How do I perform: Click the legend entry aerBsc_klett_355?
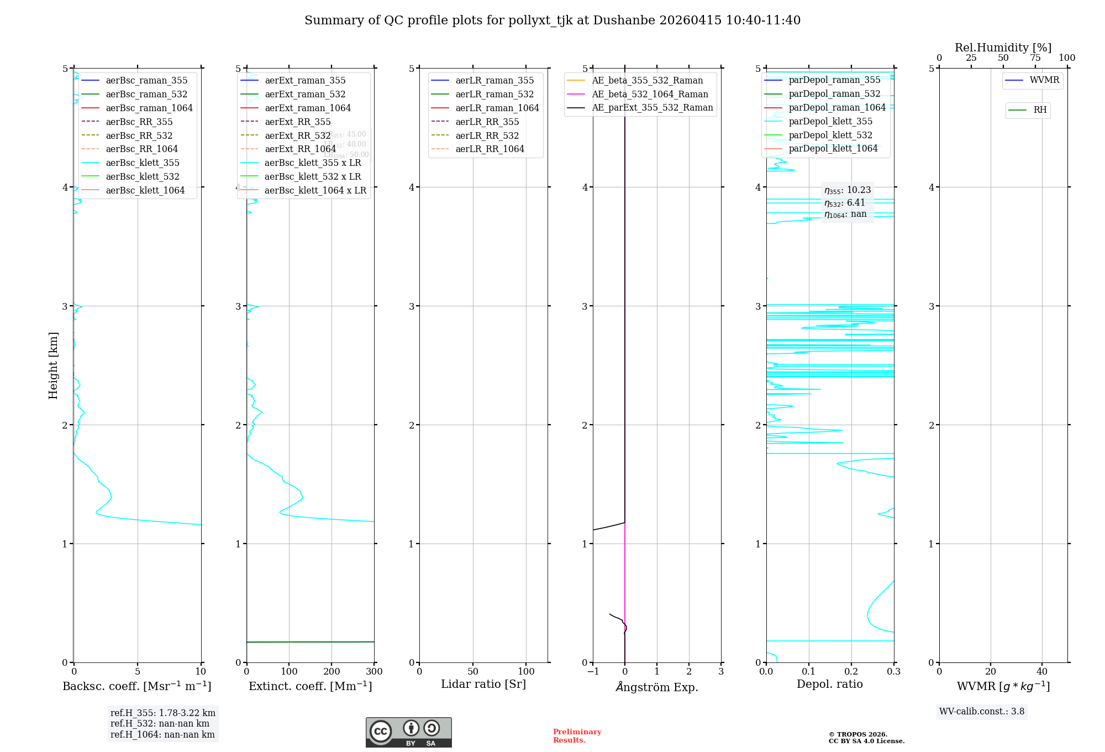pyautogui.click(x=143, y=163)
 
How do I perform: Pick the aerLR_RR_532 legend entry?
pyautogui.click(x=487, y=135)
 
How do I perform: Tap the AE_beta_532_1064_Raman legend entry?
pyautogui.click(x=650, y=94)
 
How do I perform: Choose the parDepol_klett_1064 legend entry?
pyautogui.click(x=833, y=148)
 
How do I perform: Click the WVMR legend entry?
pyautogui.click(x=1044, y=80)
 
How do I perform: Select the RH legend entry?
pyautogui.click(x=1039, y=110)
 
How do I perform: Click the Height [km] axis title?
pyautogui.click(x=53, y=365)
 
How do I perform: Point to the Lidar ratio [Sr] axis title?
pyautogui.click(x=483, y=684)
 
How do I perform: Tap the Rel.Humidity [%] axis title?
pyautogui.click(x=1003, y=48)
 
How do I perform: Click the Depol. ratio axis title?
pyautogui.click(x=829, y=684)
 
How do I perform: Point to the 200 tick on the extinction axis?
pyautogui.click(x=331, y=672)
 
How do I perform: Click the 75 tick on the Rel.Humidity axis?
pyautogui.click(x=1035, y=58)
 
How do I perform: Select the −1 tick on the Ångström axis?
pyautogui.click(x=593, y=672)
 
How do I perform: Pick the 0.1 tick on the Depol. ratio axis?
pyautogui.click(x=809, y=672)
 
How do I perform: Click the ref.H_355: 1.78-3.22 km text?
pyautogui.click(x=162, y=713)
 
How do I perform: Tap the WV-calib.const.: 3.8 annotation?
pyautogui.click(x=981, y=712)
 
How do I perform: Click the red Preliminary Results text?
pyautogui.click(x=577, y=736)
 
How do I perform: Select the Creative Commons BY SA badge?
pyautogui.click(x=408, y=733)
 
